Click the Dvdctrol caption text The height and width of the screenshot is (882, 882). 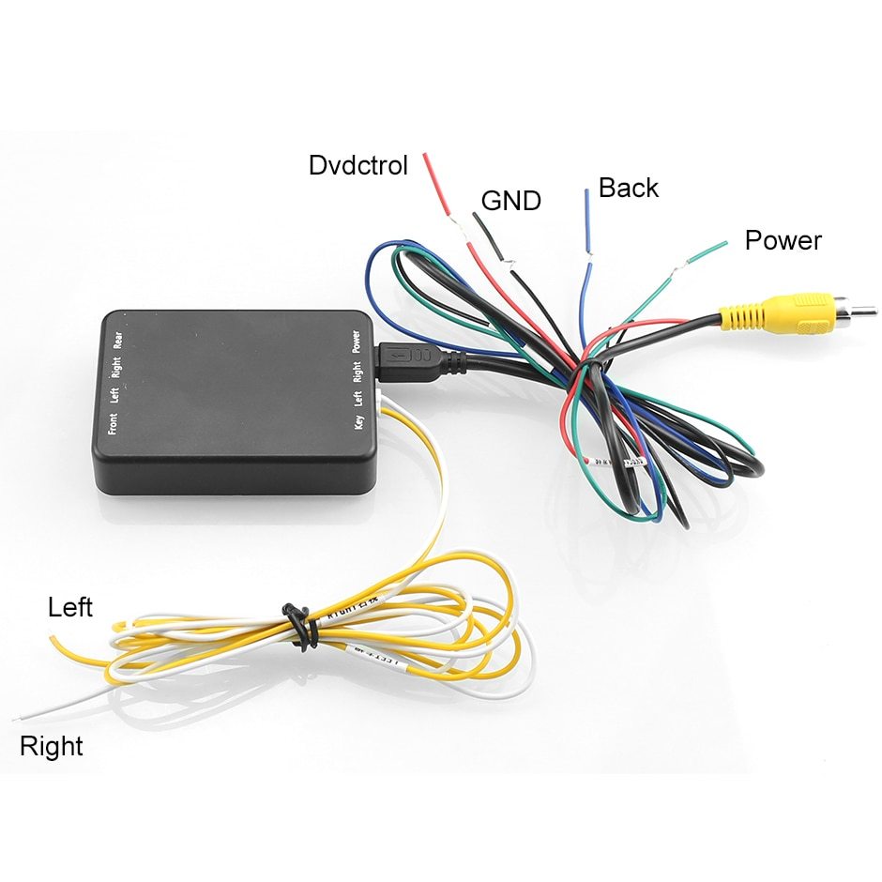[358, 166]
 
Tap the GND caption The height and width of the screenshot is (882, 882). [510, 201]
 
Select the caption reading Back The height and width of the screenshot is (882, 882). [628, 188]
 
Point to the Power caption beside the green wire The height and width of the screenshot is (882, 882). [783, 241]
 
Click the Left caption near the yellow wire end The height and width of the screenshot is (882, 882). [70, 608]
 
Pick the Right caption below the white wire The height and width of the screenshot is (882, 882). [52, 747]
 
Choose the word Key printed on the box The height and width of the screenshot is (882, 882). [358, 421]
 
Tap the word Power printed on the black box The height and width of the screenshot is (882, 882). [357, 340]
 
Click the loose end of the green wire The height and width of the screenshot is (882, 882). [723, 244]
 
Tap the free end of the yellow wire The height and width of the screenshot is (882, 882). [53, 638]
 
